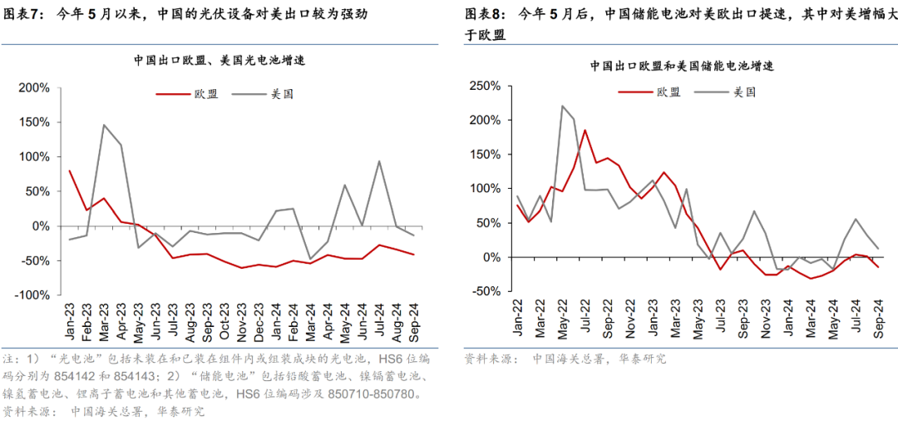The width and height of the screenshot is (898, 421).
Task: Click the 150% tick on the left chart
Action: tap(35, 122)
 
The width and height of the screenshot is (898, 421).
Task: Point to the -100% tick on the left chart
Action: tap(33, 295)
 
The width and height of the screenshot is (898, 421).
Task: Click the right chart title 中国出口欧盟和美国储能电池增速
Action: tap(683, 66)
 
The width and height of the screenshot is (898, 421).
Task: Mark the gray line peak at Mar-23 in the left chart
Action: tap(104, 125)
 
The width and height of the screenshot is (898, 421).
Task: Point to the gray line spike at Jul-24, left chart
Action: tap(379, 161)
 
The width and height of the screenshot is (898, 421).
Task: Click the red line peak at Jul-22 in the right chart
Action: tap(585, 130)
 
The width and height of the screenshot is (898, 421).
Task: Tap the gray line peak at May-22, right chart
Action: tap(562, 106)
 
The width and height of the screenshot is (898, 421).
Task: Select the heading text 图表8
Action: tap(484, 14)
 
